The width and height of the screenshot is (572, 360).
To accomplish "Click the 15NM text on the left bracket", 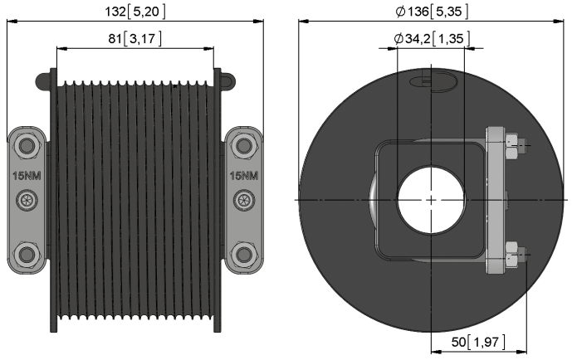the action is point(27,176).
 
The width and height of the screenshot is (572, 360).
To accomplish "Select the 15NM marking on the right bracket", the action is point(244,176).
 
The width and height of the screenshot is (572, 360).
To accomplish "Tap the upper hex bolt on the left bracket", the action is point(27,146).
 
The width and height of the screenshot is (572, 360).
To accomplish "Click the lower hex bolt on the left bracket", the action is point(27,254).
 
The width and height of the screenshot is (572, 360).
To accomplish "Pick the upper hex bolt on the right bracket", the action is point(243,146).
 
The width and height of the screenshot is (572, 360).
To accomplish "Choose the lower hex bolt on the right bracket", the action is point(243,254).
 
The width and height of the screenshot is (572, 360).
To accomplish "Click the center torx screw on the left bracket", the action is point(27,200).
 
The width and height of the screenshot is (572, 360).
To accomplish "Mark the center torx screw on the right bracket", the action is point(244,200).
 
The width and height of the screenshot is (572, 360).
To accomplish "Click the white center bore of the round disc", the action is point(431,200).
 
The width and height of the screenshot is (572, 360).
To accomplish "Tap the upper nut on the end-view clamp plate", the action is point(512,146).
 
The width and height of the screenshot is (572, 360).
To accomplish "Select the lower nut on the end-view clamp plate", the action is point(512,255).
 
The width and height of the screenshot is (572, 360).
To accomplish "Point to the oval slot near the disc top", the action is point(433,81).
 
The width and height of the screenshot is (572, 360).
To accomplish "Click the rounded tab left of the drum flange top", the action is point(43,81).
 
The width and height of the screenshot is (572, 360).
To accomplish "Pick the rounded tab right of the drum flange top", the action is point(228,81).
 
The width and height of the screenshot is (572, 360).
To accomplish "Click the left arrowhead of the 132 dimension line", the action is point(12,22).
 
